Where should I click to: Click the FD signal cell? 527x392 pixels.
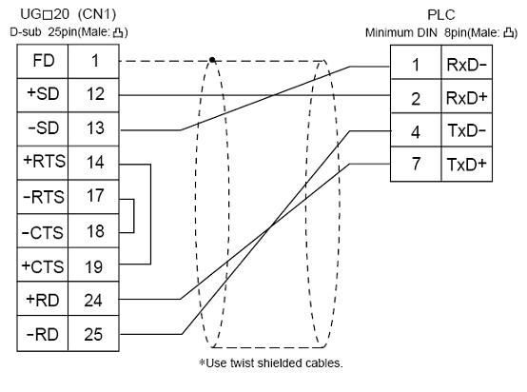point(43,61)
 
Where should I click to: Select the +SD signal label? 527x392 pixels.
point(43,94)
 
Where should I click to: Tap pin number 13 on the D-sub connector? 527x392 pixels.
point(95,128)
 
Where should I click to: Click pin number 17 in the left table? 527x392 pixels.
point(95,196)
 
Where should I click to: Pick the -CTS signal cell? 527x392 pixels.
point(43,232)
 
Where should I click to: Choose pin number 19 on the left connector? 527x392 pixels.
point(94,267)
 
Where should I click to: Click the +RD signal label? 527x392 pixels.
point(43,300)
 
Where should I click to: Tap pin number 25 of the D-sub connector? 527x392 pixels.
point(93,334)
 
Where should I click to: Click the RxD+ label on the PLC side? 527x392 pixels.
point(466,98)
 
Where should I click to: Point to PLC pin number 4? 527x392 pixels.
point(416,132)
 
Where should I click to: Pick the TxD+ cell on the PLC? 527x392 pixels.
point(466,165)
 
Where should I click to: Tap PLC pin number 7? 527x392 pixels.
point(416,164)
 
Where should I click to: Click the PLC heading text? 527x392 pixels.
point(441,15)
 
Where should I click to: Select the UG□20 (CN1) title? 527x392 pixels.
point(68,14)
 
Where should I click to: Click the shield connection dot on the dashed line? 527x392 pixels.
point(212,60)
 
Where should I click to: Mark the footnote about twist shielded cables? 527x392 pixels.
point(271,363)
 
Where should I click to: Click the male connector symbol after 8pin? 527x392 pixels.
point(509,32)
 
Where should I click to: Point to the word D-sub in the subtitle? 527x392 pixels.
point(26,32)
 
